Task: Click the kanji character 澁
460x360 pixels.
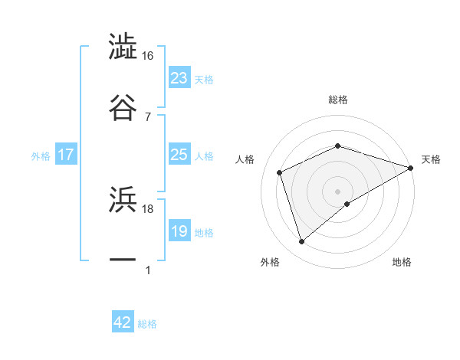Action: click(123, 47)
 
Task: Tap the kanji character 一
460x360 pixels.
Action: click(123, 260)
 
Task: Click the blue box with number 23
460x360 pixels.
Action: click(179, 78)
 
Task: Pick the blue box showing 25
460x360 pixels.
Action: click(179, 155)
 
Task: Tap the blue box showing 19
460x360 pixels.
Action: click(179, 231)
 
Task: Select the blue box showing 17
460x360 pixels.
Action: click(65, 155)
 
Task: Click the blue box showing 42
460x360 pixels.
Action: click(123, 322)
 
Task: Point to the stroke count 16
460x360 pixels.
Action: click(147, 56)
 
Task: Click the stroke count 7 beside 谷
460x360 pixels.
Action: click(147, 116)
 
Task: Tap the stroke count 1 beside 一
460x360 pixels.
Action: click(147, 270)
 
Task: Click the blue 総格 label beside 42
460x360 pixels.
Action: click(147, 324)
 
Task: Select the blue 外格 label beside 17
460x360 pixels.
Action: click(41, 155)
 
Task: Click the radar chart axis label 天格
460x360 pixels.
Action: click(431, 159)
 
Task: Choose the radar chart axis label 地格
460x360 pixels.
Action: click(402, 262)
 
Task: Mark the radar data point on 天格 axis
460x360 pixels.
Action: click(412, 167)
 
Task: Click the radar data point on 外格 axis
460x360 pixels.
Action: click(301, 242)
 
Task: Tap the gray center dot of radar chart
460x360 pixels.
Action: click(337, 191)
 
